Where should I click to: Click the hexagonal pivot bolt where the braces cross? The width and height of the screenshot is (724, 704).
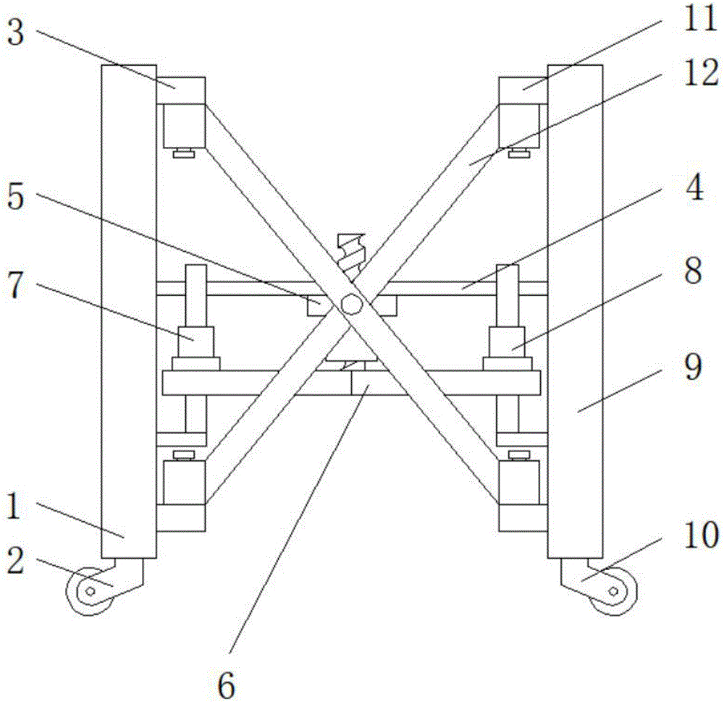351,303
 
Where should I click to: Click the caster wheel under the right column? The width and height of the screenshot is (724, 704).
614,592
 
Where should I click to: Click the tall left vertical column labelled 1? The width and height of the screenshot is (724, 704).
129,311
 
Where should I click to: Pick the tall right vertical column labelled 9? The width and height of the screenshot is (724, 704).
575,311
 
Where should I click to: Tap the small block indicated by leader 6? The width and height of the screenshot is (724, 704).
367,383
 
